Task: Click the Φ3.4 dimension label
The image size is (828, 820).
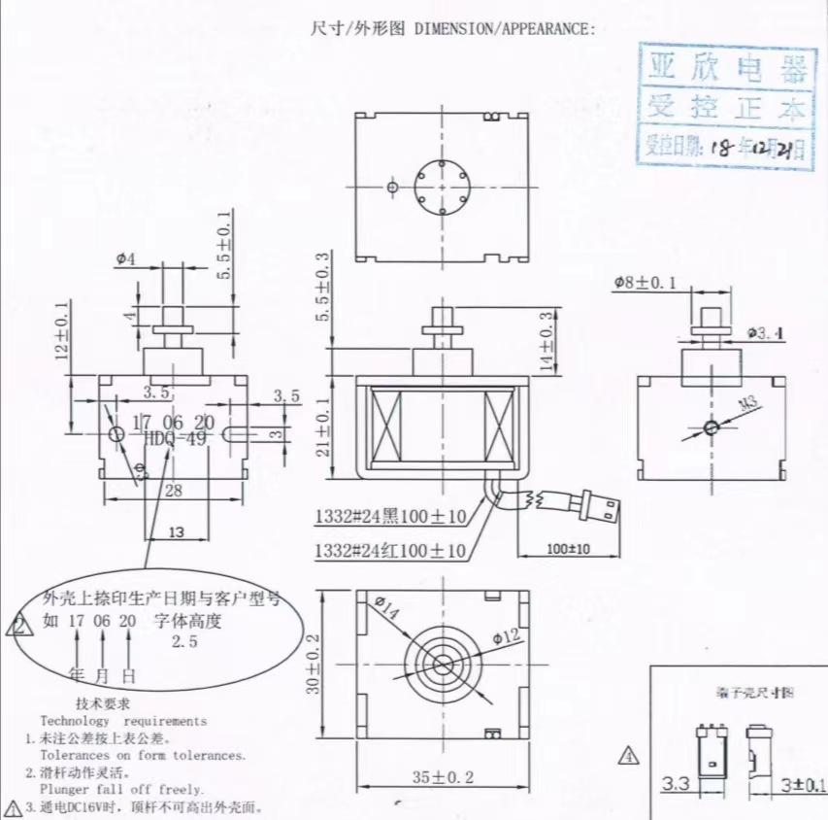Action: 765,333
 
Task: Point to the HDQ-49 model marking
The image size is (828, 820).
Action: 176,438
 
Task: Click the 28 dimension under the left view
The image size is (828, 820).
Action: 173,491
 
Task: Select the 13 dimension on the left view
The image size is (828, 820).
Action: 178,531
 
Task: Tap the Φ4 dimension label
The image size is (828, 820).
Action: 125,258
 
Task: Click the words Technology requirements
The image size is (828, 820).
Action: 123,721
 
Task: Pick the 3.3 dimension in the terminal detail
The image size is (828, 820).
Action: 678,783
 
